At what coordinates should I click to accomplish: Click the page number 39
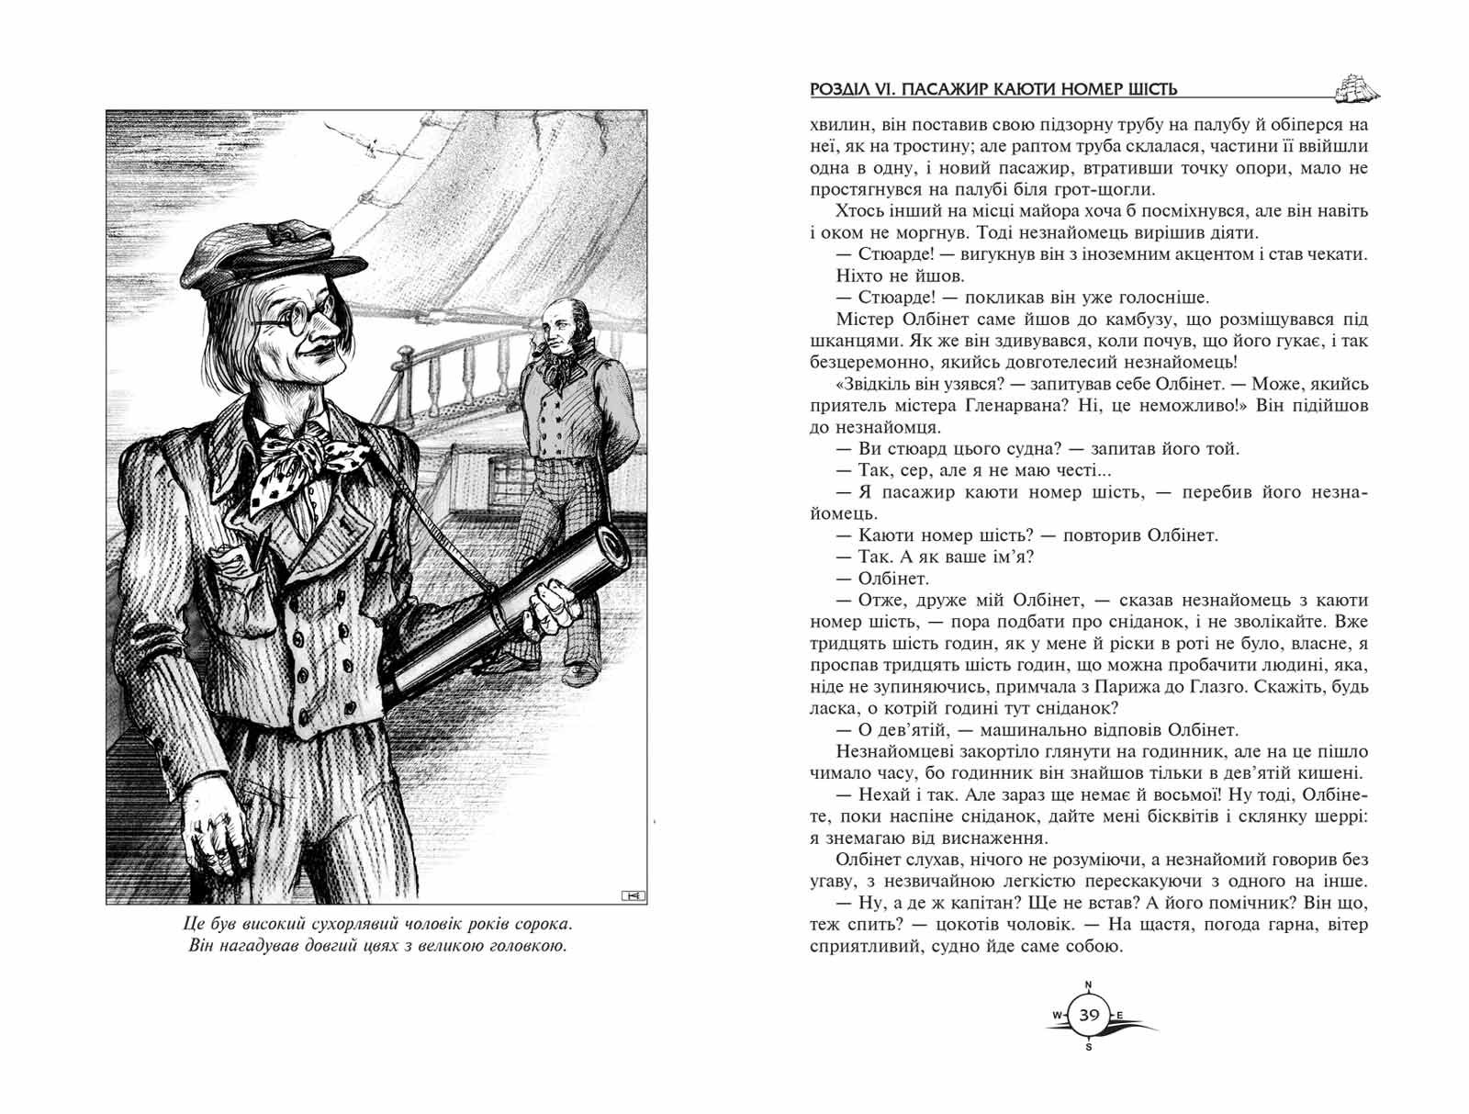tap(1090, 1015)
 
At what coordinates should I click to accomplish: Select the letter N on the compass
tap(1089, 985)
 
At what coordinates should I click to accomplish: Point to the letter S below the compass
tap(1089, 1046)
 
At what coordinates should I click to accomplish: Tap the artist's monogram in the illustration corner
tap(633, 894)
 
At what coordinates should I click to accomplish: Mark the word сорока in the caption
tap(542, 921)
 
